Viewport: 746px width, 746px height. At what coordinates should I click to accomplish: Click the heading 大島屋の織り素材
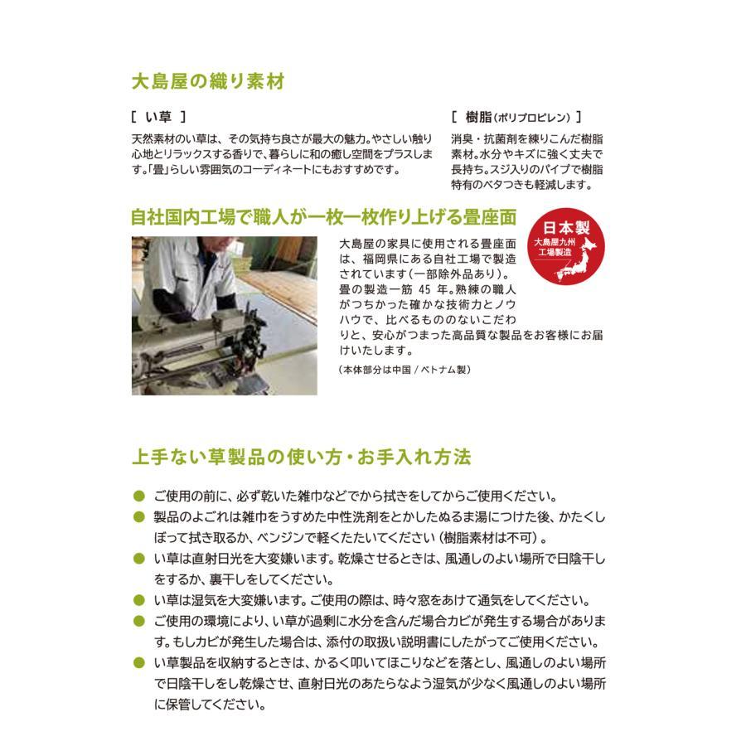(x=208, y=81)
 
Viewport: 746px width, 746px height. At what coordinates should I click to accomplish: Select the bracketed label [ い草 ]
(x=158, y=117)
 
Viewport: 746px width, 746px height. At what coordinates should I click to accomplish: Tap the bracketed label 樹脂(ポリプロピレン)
(x=516, y=117)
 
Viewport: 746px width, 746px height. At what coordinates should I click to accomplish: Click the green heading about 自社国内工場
(x=324, y=217)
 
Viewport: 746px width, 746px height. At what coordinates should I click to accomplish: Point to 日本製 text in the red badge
(x=566, y=227)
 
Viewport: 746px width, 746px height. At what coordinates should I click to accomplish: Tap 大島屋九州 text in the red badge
(x=555, y=242)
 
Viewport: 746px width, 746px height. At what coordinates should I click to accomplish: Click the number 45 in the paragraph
(x=425, y=289)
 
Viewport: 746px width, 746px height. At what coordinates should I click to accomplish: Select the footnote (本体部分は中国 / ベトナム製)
(x=404, y=370)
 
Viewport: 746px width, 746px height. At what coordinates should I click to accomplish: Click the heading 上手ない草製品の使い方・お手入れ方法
(x=302, y=457)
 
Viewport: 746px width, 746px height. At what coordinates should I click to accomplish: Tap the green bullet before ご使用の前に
(x=139, y=497)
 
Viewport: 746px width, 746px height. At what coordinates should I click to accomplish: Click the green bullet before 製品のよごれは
(x=139, y=517)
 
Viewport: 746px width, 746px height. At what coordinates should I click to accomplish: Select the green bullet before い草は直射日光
(x=139, y=559)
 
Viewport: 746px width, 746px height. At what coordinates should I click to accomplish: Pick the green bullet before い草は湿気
(x=139, y=600)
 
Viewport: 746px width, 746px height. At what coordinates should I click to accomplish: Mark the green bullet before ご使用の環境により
(x=139, y=622)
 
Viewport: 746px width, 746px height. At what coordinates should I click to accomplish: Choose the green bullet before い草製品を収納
(x=139, y=663)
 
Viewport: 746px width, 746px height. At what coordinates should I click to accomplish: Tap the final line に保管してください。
(x=210, y=705)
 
